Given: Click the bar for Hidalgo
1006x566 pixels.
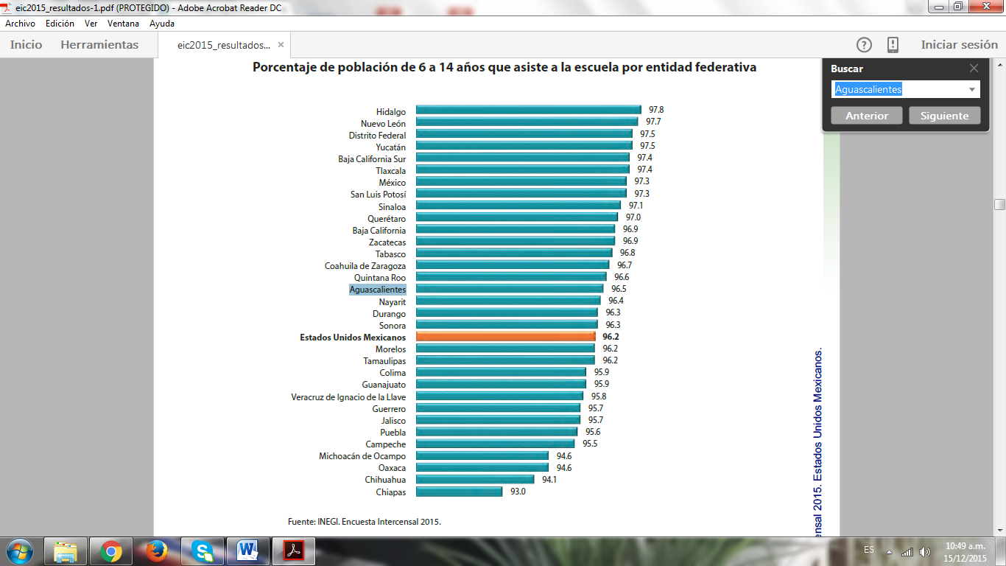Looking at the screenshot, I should click(x=528, y=109).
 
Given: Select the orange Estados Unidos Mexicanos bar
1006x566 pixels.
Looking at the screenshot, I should click(x=505, y=337).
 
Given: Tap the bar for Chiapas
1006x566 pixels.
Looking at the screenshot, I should click(x=459, y=492).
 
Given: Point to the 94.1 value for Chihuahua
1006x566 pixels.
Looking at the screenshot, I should click(x=550, y=480).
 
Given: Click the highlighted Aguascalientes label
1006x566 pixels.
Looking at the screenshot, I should click(x=377, y=290).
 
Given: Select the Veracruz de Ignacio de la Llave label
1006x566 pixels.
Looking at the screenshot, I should click(x=348, y=396).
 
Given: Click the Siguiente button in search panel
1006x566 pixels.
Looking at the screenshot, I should click(x=944, y=116).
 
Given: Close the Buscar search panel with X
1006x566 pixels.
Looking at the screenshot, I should click(x=974, y=68).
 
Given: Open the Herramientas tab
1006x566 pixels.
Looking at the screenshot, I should click(x=99, y=45).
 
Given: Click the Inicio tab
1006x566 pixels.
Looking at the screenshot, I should click(x=27, y=45).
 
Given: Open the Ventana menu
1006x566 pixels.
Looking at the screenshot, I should click(x=123, y=24).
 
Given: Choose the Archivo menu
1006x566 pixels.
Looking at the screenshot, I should click(x=20, y=24).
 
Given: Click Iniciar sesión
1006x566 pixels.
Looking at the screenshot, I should click(x=959, y=45).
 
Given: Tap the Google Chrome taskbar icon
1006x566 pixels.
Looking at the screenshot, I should click(x=112, y=551).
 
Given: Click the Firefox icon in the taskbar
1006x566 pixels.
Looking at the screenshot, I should click(x=155, y=551).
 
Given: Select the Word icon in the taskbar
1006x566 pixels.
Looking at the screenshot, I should click(x=247, y=551).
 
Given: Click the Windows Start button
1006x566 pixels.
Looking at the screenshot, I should click(x=19, y=551).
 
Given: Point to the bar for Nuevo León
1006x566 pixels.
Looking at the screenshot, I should click(x=527, y=122).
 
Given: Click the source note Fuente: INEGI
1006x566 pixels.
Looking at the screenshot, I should click(x=365, y=522).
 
